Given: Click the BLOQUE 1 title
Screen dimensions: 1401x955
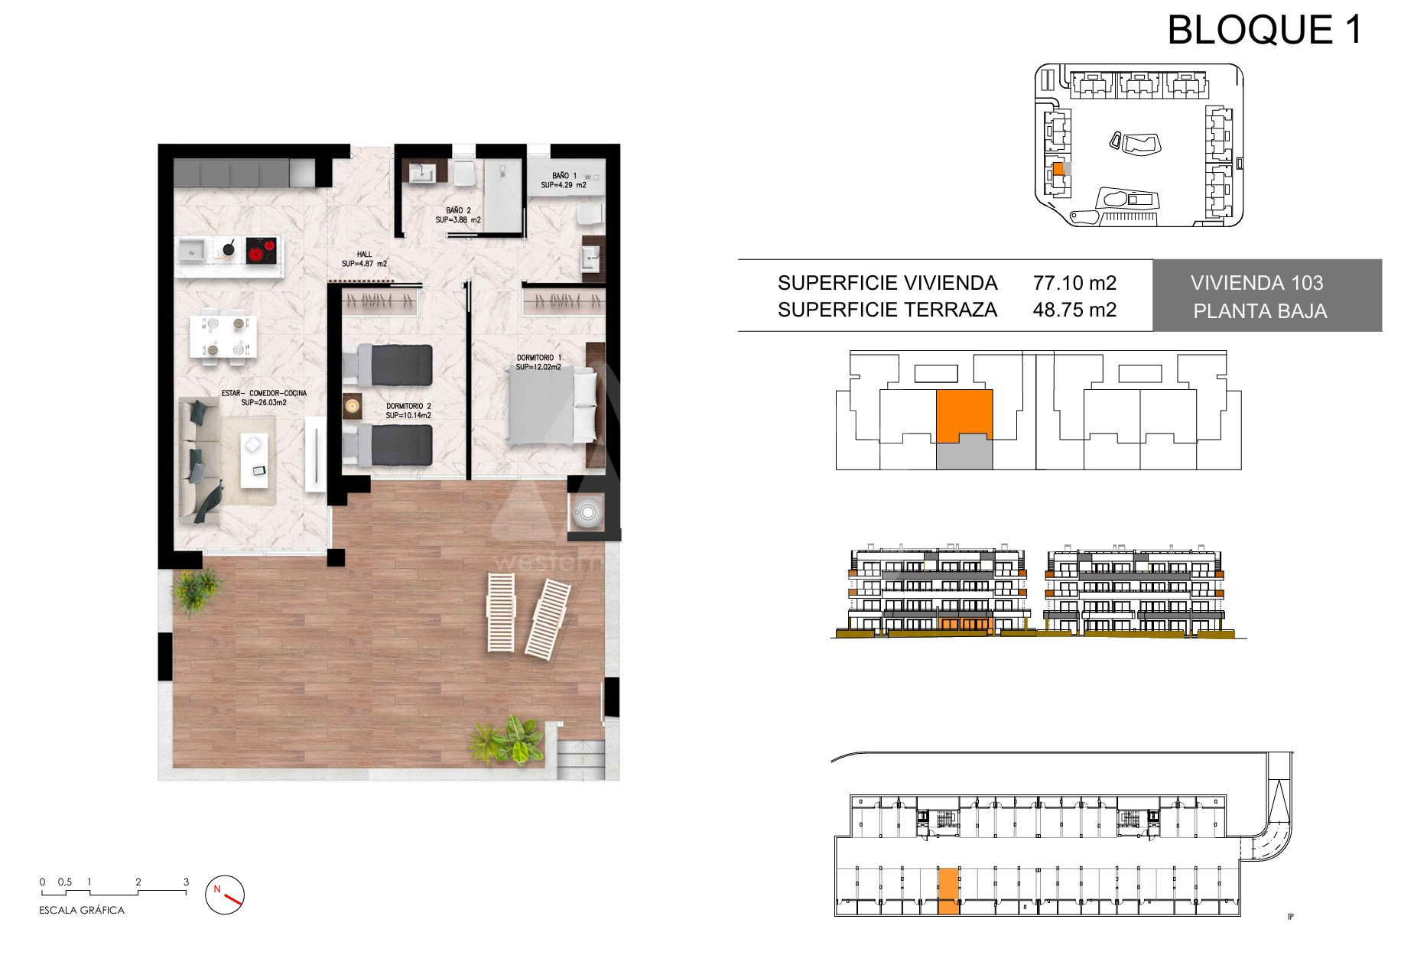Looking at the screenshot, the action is click(1265, 30).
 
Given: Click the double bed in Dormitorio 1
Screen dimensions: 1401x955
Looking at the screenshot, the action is click(552, 406).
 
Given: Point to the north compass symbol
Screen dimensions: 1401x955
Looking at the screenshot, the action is click(226, 894).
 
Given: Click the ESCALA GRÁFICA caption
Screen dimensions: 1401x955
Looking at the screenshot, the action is click(82, 910).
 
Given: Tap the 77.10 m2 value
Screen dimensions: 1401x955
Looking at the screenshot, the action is click(1074, 283).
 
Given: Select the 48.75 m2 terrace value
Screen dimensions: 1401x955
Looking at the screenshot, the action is click(1074, 310).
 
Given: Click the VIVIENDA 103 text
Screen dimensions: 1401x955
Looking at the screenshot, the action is click(1256, 283).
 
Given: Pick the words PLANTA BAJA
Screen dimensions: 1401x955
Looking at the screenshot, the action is click(1260, 311).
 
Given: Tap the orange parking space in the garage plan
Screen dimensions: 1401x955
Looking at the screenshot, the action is click(948, 891).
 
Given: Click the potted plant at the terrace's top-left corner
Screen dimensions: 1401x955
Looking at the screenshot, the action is click(198, 589).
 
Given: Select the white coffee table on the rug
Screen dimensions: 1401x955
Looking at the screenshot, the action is click(254, 460).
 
